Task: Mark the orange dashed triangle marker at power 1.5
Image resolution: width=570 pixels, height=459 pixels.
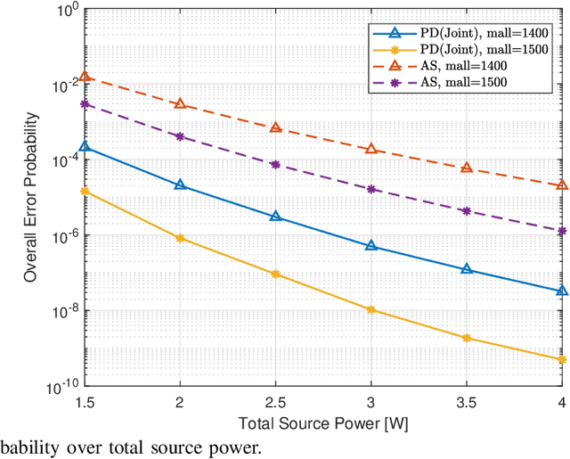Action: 85,77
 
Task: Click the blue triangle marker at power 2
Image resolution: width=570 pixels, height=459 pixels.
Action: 180,185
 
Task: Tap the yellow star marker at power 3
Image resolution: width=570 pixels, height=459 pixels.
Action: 371,310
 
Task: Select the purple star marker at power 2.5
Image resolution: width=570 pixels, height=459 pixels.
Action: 276,165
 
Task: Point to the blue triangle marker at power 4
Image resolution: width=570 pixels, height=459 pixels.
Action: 562,291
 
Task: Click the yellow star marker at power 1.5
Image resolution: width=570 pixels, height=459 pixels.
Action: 85,192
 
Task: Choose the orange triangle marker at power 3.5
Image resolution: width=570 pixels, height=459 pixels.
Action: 467,168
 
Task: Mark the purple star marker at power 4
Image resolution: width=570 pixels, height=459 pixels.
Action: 562,231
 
